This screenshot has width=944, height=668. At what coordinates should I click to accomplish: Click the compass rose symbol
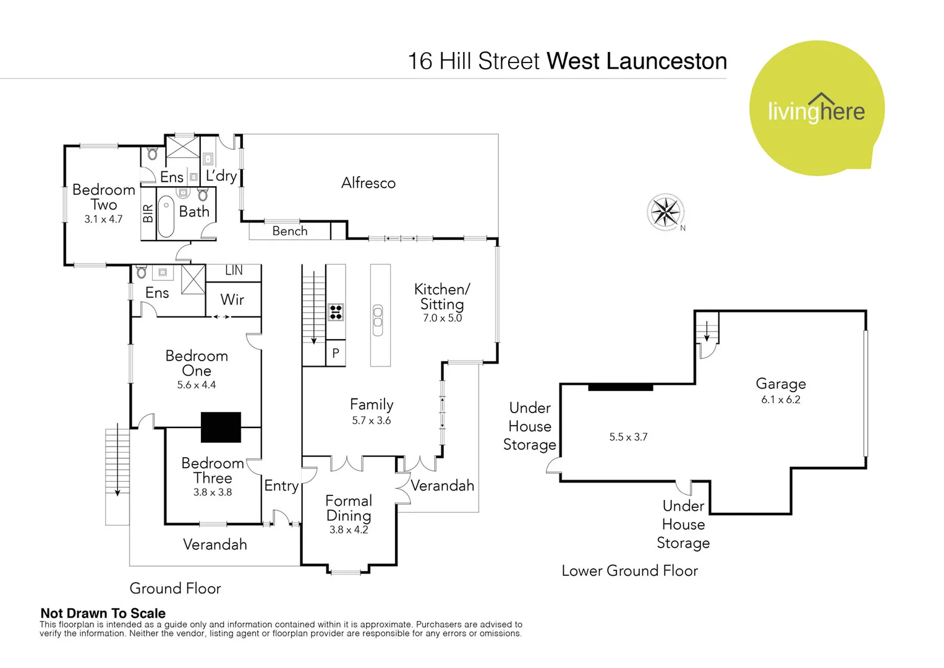point(665,212)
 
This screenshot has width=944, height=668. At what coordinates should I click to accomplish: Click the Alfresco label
point(368,183)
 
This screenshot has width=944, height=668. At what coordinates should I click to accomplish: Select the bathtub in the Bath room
point(166,216)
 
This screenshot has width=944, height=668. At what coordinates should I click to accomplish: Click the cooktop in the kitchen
point(336,312)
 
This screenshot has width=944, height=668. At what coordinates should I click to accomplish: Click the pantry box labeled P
point(336,353)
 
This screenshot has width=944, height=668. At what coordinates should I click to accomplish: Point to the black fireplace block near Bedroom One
point(221,427)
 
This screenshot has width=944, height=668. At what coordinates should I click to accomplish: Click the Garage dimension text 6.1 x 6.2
point(780,400)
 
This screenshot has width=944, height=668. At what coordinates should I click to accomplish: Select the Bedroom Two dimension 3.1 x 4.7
point(103,219)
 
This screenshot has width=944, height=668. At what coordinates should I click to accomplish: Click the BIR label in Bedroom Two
point(148,214)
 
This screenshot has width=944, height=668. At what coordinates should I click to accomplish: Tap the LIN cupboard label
point(234,271)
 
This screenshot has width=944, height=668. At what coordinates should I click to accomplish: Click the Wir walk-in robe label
point(232,300)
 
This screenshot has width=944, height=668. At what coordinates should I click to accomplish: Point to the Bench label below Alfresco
point(289,231)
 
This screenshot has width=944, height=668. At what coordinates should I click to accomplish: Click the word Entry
point(281,486)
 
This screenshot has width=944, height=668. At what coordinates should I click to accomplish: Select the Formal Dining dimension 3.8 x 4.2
point(349,530)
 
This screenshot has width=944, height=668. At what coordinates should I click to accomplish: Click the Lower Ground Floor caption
point(629,571)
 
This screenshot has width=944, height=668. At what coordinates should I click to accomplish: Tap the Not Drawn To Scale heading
point(103,614)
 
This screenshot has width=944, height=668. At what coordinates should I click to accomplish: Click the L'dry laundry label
point(221,176)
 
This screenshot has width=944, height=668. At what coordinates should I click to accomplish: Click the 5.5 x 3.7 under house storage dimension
point(628,437)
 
